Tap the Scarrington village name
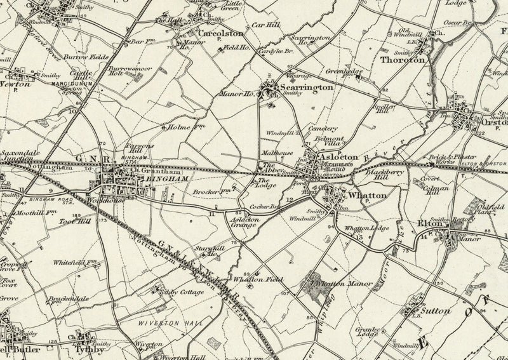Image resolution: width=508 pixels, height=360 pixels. (306, 89)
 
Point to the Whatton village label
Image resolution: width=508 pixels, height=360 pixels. (366, 197)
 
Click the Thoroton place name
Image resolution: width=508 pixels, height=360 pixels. (401, 60)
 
